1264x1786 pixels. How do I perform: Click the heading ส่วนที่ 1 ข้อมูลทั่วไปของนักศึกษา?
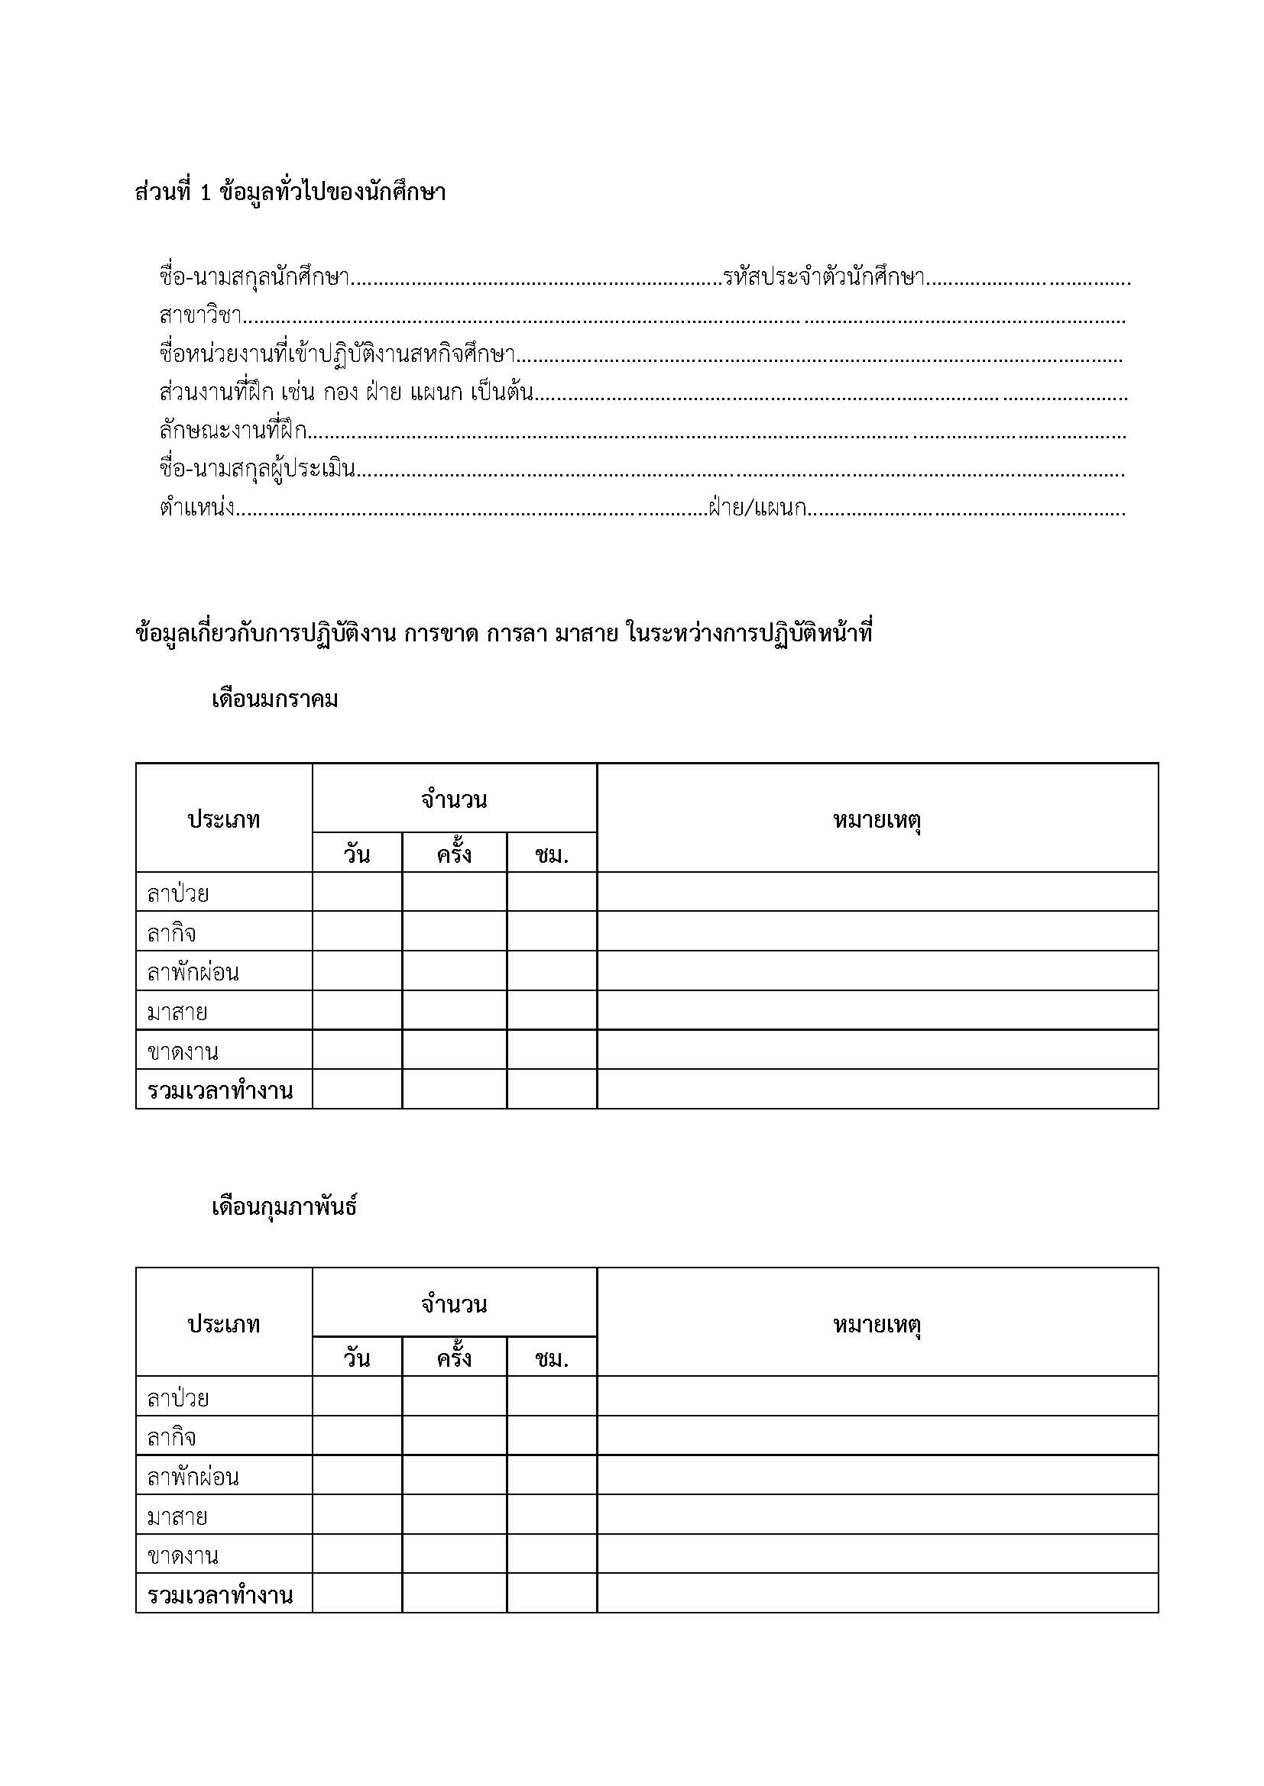290,192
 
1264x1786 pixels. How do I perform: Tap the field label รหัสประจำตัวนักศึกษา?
823,277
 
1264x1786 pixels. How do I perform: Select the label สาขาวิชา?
201,316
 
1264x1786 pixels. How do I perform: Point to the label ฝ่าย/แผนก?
757,509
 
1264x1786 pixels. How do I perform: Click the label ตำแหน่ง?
197,509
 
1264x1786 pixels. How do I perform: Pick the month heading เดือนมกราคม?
275,699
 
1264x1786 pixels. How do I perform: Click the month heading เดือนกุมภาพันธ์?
284,1206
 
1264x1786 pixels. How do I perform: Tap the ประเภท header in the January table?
224,819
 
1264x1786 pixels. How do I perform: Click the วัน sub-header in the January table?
356,854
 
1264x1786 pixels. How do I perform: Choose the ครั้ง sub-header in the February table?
454,1358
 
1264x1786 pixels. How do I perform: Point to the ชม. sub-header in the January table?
552,854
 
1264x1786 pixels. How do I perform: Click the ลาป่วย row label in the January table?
178,893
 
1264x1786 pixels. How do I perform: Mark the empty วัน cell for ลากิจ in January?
357,932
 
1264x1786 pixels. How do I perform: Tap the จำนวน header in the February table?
455,1304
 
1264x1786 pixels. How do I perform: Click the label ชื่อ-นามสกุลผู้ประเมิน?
258,469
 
